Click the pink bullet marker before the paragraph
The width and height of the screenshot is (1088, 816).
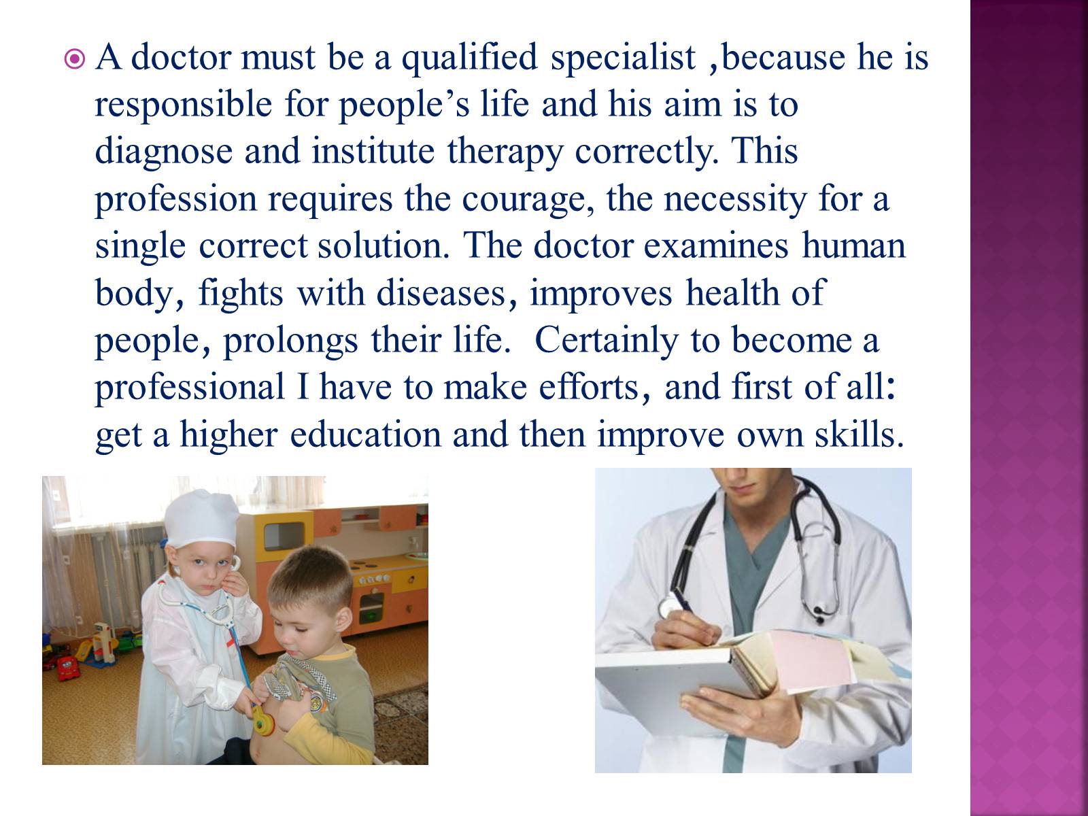[74, 59]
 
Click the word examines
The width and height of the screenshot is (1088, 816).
[716, 245]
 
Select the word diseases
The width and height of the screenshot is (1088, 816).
[447, 293]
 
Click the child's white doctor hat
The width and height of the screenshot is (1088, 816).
[202, 517]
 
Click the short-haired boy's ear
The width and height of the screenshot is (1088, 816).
[343, 622]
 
